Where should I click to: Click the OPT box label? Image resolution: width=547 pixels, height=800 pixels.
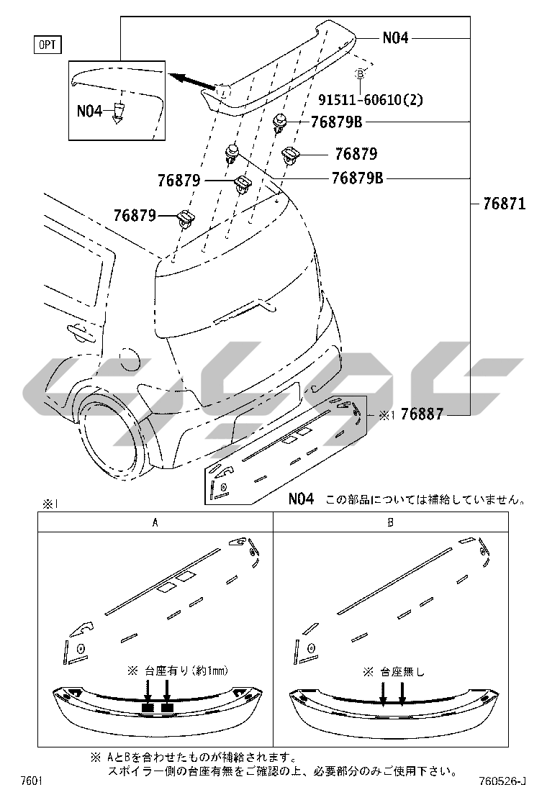48,45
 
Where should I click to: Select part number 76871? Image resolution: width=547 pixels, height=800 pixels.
504,204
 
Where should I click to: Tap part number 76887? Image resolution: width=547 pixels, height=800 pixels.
422,414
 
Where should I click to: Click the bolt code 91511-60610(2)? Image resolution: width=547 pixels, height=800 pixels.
371,99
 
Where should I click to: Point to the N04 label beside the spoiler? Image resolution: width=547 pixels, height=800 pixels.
395,37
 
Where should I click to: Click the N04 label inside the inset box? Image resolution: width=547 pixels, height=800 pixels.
90,111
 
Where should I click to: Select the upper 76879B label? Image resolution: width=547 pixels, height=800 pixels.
336,122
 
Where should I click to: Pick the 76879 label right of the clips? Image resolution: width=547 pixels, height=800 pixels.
356,153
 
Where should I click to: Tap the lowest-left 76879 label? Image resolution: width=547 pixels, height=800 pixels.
135,215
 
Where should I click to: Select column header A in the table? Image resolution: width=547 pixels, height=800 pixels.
155,522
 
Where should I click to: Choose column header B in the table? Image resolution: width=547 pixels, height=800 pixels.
391,522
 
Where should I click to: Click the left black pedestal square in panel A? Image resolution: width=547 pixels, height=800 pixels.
148,708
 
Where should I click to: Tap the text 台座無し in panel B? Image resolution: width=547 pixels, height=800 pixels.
403,672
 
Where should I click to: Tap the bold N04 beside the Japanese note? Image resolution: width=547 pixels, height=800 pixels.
301,499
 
